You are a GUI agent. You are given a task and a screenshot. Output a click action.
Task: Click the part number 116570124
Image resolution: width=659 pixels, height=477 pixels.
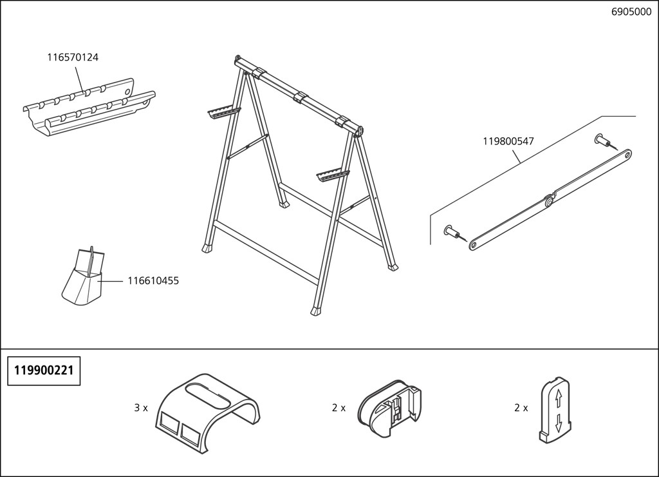point(73,57)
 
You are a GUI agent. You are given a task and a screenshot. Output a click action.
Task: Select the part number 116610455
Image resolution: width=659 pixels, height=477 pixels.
point(153,280)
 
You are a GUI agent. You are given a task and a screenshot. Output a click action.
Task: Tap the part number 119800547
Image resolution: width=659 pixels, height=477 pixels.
point(508,141)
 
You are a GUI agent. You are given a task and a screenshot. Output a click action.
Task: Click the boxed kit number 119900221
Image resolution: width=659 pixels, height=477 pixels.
point(44,371)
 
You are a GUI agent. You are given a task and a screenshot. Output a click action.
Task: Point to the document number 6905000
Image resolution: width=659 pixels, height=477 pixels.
point(631,12)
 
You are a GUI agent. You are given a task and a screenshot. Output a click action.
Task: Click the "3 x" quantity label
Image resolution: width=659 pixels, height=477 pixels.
point(141,408)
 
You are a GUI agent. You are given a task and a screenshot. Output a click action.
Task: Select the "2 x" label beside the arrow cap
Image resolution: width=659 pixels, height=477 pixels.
point(521,408)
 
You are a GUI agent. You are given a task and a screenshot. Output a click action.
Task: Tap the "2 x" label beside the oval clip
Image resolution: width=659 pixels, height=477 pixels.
point(339,408)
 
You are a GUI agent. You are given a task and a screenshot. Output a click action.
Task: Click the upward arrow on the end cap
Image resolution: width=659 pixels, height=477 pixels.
point(558,398)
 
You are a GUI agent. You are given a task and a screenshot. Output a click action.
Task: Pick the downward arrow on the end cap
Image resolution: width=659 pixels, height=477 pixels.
point(558,422)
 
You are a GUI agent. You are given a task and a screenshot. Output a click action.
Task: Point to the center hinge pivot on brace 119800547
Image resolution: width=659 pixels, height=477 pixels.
point(548,202)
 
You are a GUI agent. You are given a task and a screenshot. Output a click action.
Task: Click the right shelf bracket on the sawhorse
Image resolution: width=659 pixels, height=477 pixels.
point(333,174)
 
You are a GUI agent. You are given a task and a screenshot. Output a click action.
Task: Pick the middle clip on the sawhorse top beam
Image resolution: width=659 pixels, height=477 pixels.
point(301,98)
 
